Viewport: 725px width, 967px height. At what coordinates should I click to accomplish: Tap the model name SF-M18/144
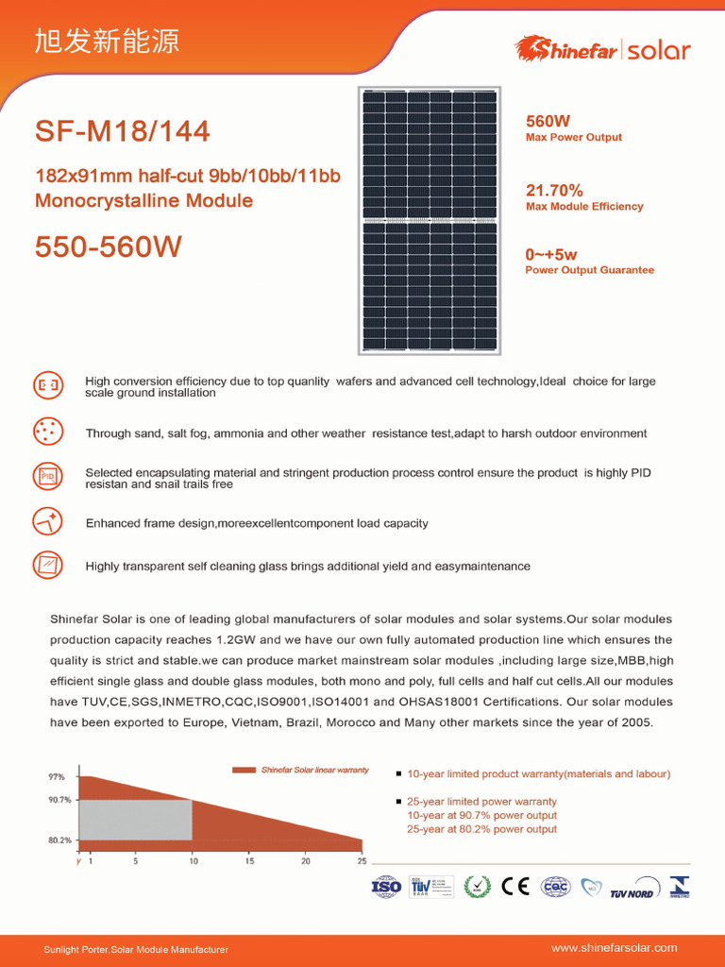tap(123, 131)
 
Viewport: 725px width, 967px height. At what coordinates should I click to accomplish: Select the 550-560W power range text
tap(109, 247)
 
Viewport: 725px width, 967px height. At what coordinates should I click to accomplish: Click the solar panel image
tap(430, 221)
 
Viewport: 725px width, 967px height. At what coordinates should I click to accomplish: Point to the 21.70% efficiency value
tap(554, 191)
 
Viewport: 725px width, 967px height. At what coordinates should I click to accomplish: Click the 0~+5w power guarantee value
tap(551, 254)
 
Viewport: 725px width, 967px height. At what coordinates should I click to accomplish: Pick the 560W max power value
tap(548, 121)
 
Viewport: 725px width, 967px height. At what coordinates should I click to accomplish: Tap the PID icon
tap(47, 477)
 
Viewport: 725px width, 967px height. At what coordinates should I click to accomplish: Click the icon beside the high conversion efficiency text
tap(47, 385)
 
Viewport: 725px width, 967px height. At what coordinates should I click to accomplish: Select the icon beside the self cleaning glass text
tap(47, 565)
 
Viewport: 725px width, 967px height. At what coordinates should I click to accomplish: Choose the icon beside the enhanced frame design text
tap(47, 521)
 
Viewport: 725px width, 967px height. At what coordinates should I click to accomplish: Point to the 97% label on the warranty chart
tap(57, 777)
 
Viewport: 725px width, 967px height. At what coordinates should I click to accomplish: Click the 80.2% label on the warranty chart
tap(59, 840)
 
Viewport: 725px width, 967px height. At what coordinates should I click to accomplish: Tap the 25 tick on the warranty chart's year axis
tap(362, 861)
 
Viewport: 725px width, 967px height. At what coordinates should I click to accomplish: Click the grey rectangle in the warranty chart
tap(135, 820)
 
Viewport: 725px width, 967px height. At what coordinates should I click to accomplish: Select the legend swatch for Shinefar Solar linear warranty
tap(244, 771)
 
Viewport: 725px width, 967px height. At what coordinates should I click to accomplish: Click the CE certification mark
tap(515, 887)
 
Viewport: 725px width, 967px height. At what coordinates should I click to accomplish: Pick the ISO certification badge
tap(386, 887)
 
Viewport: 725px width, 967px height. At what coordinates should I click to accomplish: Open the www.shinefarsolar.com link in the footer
tap(614, 947)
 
